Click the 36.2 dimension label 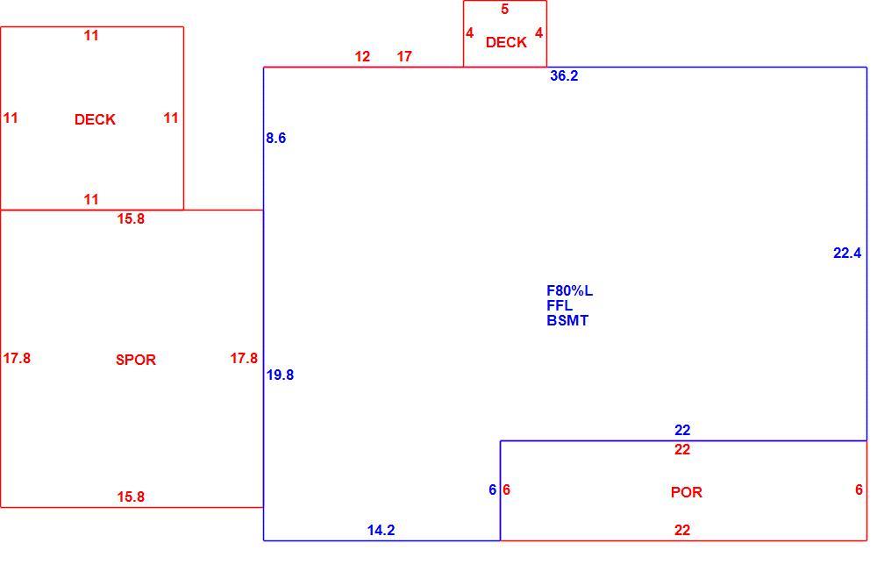tap(564, 76)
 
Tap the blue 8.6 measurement tap(275, 139)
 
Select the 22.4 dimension tap(847, 254)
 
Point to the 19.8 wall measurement tap(280, 375)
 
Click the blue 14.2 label tap(381, 530)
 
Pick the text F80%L tap(569, 291)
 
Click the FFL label tap(560, 305)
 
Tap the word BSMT tap(567, 321)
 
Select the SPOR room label tap(135, 360)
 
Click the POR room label tap(687, 492)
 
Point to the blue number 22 tap(682, 431)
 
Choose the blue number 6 tap(492, 490)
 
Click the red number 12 tap(362, 56)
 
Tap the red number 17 tap(404, 56)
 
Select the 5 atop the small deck tap(504, 10)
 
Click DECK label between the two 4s tap(506, 42)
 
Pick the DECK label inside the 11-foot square tap(95, 120)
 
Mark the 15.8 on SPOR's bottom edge tap(131, 497)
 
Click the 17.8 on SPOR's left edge tap(17, 358)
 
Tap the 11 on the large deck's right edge tap(171, 118)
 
